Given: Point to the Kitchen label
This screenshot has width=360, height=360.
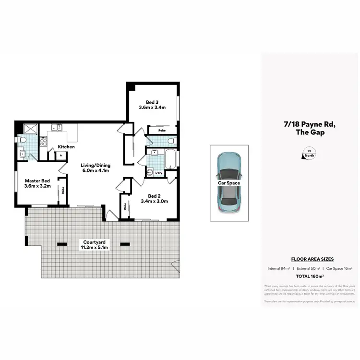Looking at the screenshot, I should pos(66,146).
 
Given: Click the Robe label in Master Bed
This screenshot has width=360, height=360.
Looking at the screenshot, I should pos(63,190).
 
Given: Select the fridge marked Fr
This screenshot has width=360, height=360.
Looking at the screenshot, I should pos(61,155).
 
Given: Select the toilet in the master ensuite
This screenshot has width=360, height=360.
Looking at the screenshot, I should pos(23,139).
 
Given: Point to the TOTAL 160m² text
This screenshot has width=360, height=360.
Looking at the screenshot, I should pos(309,276).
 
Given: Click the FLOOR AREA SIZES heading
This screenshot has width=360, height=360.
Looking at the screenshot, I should pos(309,259).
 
